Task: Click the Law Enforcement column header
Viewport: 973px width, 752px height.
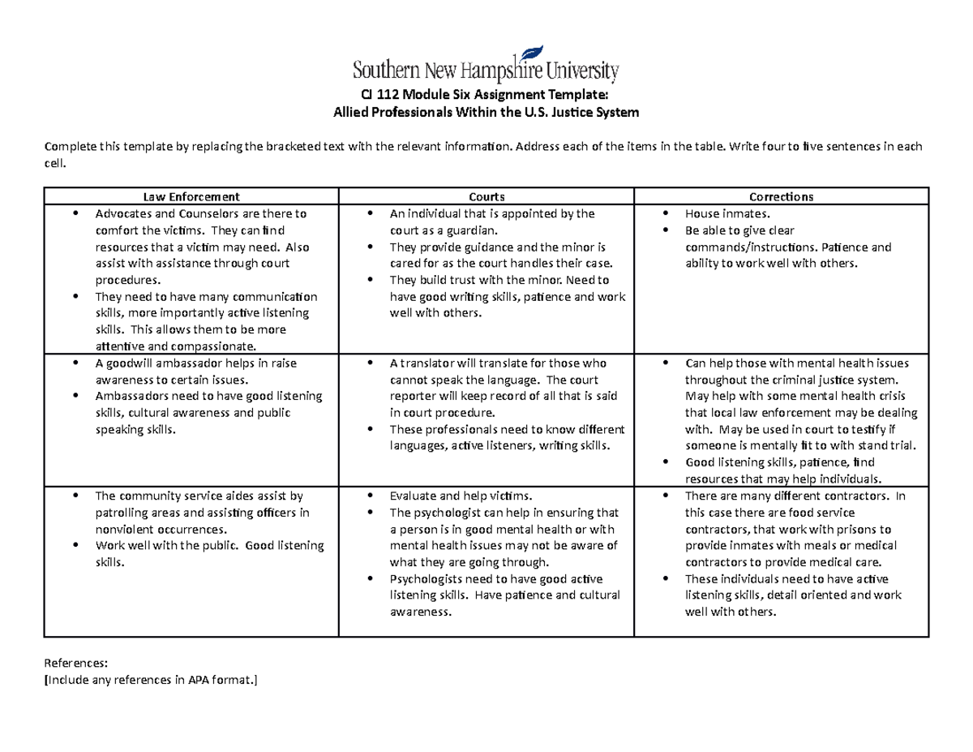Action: click(x=191, y=196)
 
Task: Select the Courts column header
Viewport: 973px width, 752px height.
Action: click(x=486, y=196)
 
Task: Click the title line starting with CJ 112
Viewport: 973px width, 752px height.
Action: click(x=486, y=95)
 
